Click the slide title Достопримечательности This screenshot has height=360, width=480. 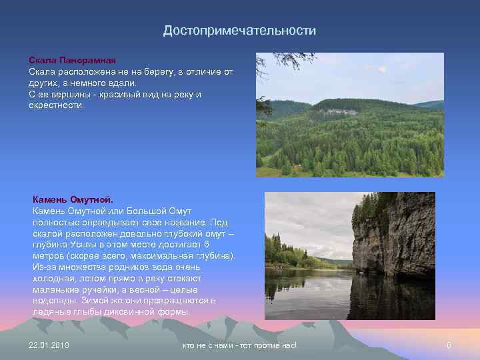pyautogui.click(x=239, y=31)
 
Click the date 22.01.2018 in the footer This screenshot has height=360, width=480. pyautogui.click(x=49, y=345)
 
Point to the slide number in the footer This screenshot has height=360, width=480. pyautogui.click(x=449, y=345)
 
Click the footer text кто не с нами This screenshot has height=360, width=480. pyautogui.click(x=239, y=345)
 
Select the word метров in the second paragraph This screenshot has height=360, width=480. pyautogui.click(x=47, y=256)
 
